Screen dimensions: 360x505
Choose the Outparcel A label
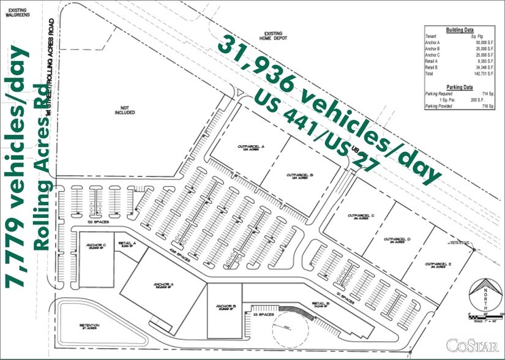250,148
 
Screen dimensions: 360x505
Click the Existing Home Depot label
272,37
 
